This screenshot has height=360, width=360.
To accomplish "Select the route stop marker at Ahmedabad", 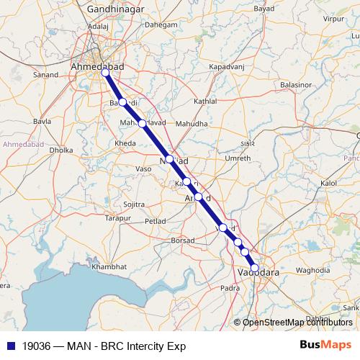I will click(106, 73).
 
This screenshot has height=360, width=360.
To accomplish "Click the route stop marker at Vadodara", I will click(254, 268).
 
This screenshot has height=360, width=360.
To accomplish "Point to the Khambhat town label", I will click(109, 266).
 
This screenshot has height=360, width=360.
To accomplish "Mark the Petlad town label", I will click(156, 222).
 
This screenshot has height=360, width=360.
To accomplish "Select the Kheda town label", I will click(125, 144).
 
